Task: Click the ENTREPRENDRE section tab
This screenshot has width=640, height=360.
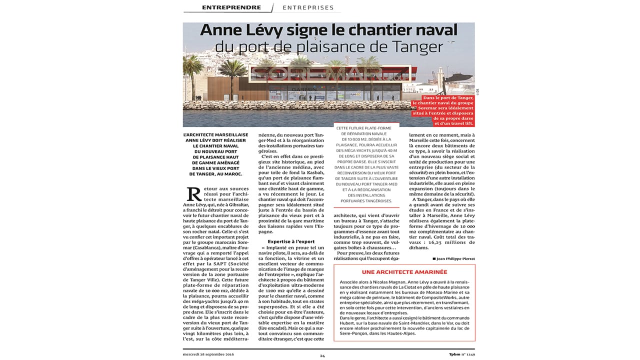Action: tap(231, 7)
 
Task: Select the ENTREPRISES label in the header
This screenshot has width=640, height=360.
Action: tap(308, 7)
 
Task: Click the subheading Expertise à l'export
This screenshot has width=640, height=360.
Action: tap(291, 241)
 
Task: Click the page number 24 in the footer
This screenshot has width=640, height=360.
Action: tap(322, 355)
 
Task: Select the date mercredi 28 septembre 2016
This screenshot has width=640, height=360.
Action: tap(208, 354)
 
